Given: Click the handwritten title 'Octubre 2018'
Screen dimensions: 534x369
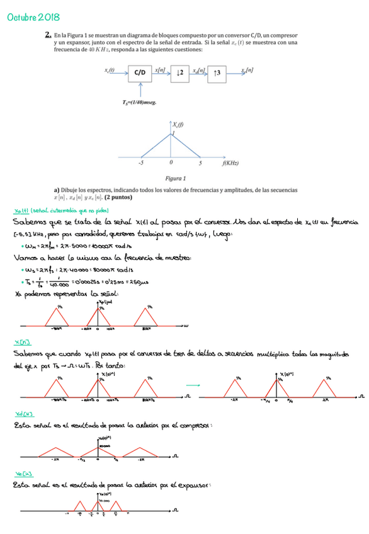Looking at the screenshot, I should (28, 17).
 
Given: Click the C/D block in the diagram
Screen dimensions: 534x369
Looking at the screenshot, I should (140, 73).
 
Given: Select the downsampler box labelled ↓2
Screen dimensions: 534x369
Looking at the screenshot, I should (179, 73).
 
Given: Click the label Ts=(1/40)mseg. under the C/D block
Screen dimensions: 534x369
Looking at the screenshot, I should (140, 101).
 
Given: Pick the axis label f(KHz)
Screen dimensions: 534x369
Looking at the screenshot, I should (230, 163).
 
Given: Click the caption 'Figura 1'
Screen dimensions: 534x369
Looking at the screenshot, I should (174, 178).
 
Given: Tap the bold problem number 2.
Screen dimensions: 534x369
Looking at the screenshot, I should (48, 36).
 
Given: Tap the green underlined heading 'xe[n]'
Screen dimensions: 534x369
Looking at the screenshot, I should (23, 474).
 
